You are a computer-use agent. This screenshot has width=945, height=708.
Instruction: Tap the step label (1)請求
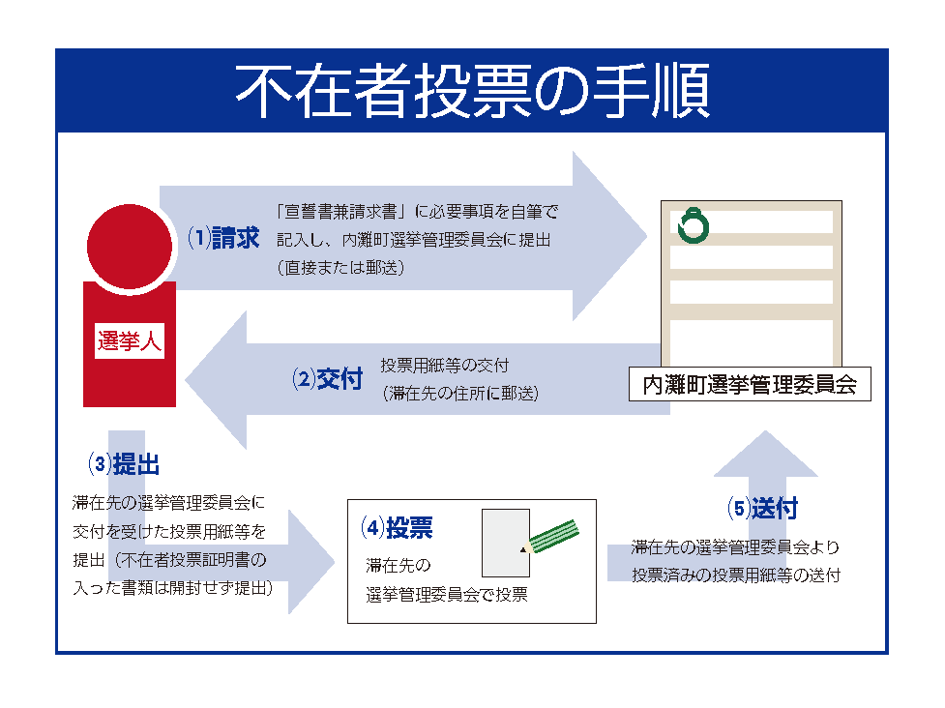click(223, 238)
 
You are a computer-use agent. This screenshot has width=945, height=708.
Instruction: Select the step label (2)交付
click(327, 379)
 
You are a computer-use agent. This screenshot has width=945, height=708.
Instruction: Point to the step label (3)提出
click(124, 464)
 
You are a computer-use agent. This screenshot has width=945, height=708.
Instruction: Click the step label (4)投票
click(398, 528)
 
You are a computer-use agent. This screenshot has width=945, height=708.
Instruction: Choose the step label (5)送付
click(762, 509)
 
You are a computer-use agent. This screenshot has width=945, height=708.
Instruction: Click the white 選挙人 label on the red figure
click(130, 341)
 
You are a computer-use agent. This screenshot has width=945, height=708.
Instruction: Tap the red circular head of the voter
click(130, 247)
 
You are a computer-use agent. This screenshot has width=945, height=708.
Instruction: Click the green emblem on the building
click(694, 226)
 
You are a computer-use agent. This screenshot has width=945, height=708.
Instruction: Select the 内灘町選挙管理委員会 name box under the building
click(750, 384)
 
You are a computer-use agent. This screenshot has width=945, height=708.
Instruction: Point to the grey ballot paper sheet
click(506, 543)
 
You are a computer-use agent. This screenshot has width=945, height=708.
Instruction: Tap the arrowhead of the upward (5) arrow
click(765, 453)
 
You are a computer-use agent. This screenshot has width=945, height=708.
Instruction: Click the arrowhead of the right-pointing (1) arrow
click(608, 236)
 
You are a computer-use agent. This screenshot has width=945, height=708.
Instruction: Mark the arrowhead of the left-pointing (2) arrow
click(216, 380)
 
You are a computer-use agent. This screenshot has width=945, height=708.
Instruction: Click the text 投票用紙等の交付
click(445, 366)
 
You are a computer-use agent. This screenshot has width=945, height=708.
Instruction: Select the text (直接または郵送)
click(341, 268)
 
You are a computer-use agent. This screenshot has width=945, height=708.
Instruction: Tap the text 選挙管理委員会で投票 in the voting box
click(447, 595)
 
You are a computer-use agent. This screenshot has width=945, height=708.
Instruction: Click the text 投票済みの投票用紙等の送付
click(736, 575)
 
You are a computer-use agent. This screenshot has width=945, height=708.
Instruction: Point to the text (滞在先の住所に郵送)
click(460, 394)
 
